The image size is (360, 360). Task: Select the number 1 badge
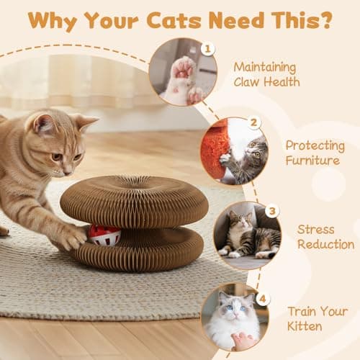(207, 49)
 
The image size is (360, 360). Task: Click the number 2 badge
(254, 123)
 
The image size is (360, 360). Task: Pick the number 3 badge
(271, 212)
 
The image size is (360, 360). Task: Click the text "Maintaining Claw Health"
(265, 73)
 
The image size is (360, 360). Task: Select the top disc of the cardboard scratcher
(134, 201)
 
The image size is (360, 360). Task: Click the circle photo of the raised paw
(182, 72)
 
